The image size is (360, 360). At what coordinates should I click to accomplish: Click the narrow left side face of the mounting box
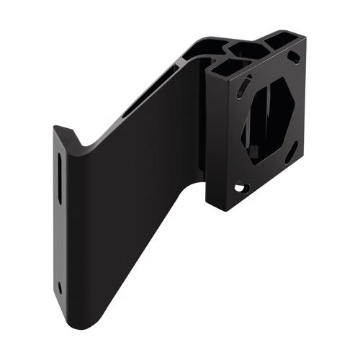tap(210, 137)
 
